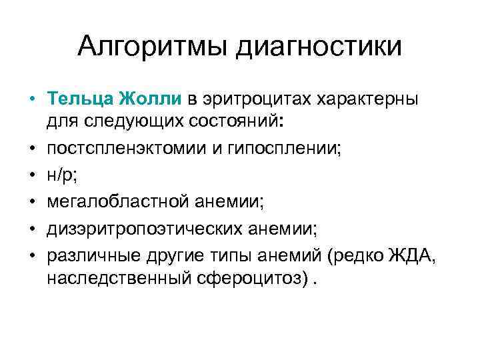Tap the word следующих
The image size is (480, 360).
[131, 122]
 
